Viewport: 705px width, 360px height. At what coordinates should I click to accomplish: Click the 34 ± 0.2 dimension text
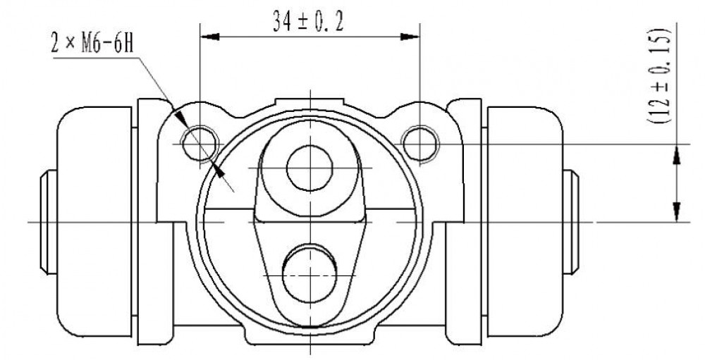point(308,21)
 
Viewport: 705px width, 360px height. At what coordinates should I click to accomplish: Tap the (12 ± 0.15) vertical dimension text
point(660,76)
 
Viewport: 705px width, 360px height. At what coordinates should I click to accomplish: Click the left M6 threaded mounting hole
point(200,144)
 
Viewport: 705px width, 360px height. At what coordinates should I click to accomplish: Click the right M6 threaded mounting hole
point(420,144)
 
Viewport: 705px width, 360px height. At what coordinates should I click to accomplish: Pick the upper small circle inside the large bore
point(309,168)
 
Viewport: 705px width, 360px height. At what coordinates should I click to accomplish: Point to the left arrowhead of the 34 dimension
point(210,37)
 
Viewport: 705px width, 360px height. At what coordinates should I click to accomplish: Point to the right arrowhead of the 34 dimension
point(410,37)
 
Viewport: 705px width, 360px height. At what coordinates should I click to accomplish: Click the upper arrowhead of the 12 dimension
point(677,154)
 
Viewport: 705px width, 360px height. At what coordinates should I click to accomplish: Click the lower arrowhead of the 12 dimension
point(677,211)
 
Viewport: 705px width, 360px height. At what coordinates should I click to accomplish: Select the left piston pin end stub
point(49,222)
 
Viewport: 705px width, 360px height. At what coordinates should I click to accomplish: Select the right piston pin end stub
point(571,222)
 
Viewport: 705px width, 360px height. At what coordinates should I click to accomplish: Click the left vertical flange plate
point(155,222)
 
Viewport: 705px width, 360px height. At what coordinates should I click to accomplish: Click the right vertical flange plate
point(464,222)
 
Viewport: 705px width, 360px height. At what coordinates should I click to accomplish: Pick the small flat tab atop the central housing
point(309,103)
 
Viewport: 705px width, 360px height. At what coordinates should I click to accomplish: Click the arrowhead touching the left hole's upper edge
point(180,119)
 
